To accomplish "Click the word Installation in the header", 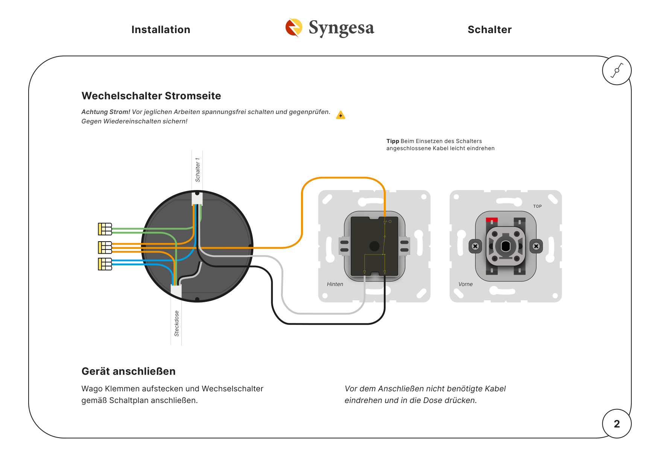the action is [x=161, y=30].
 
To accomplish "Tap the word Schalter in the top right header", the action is [x=490, y=30].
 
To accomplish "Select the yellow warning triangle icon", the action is [x=341, y=115].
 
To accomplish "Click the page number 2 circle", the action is [x=617, y=424].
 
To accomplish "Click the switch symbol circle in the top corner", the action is [x=617, y=70].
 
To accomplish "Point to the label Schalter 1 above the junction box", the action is [x=198, y=170].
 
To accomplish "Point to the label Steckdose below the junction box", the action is [x=176, y=323].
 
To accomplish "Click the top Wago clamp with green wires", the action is [x=105, y=229].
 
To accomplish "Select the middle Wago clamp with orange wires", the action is [x=105, y=247].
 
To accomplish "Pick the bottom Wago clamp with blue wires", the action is [x=105, y=264].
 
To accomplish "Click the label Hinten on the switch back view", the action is [x=335, y=284].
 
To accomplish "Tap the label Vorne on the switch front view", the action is [x=465, y=284].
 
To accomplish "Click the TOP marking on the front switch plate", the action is [x=537, y=206].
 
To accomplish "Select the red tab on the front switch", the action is [x=492, y=220].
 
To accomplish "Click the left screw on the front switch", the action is [x=475, y=246].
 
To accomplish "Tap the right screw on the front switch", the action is [x=536, y=246].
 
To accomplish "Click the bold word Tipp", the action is [x=392, y=141].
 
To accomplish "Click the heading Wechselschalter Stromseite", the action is [x=151, y=96].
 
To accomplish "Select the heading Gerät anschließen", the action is [x=129, y=371].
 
